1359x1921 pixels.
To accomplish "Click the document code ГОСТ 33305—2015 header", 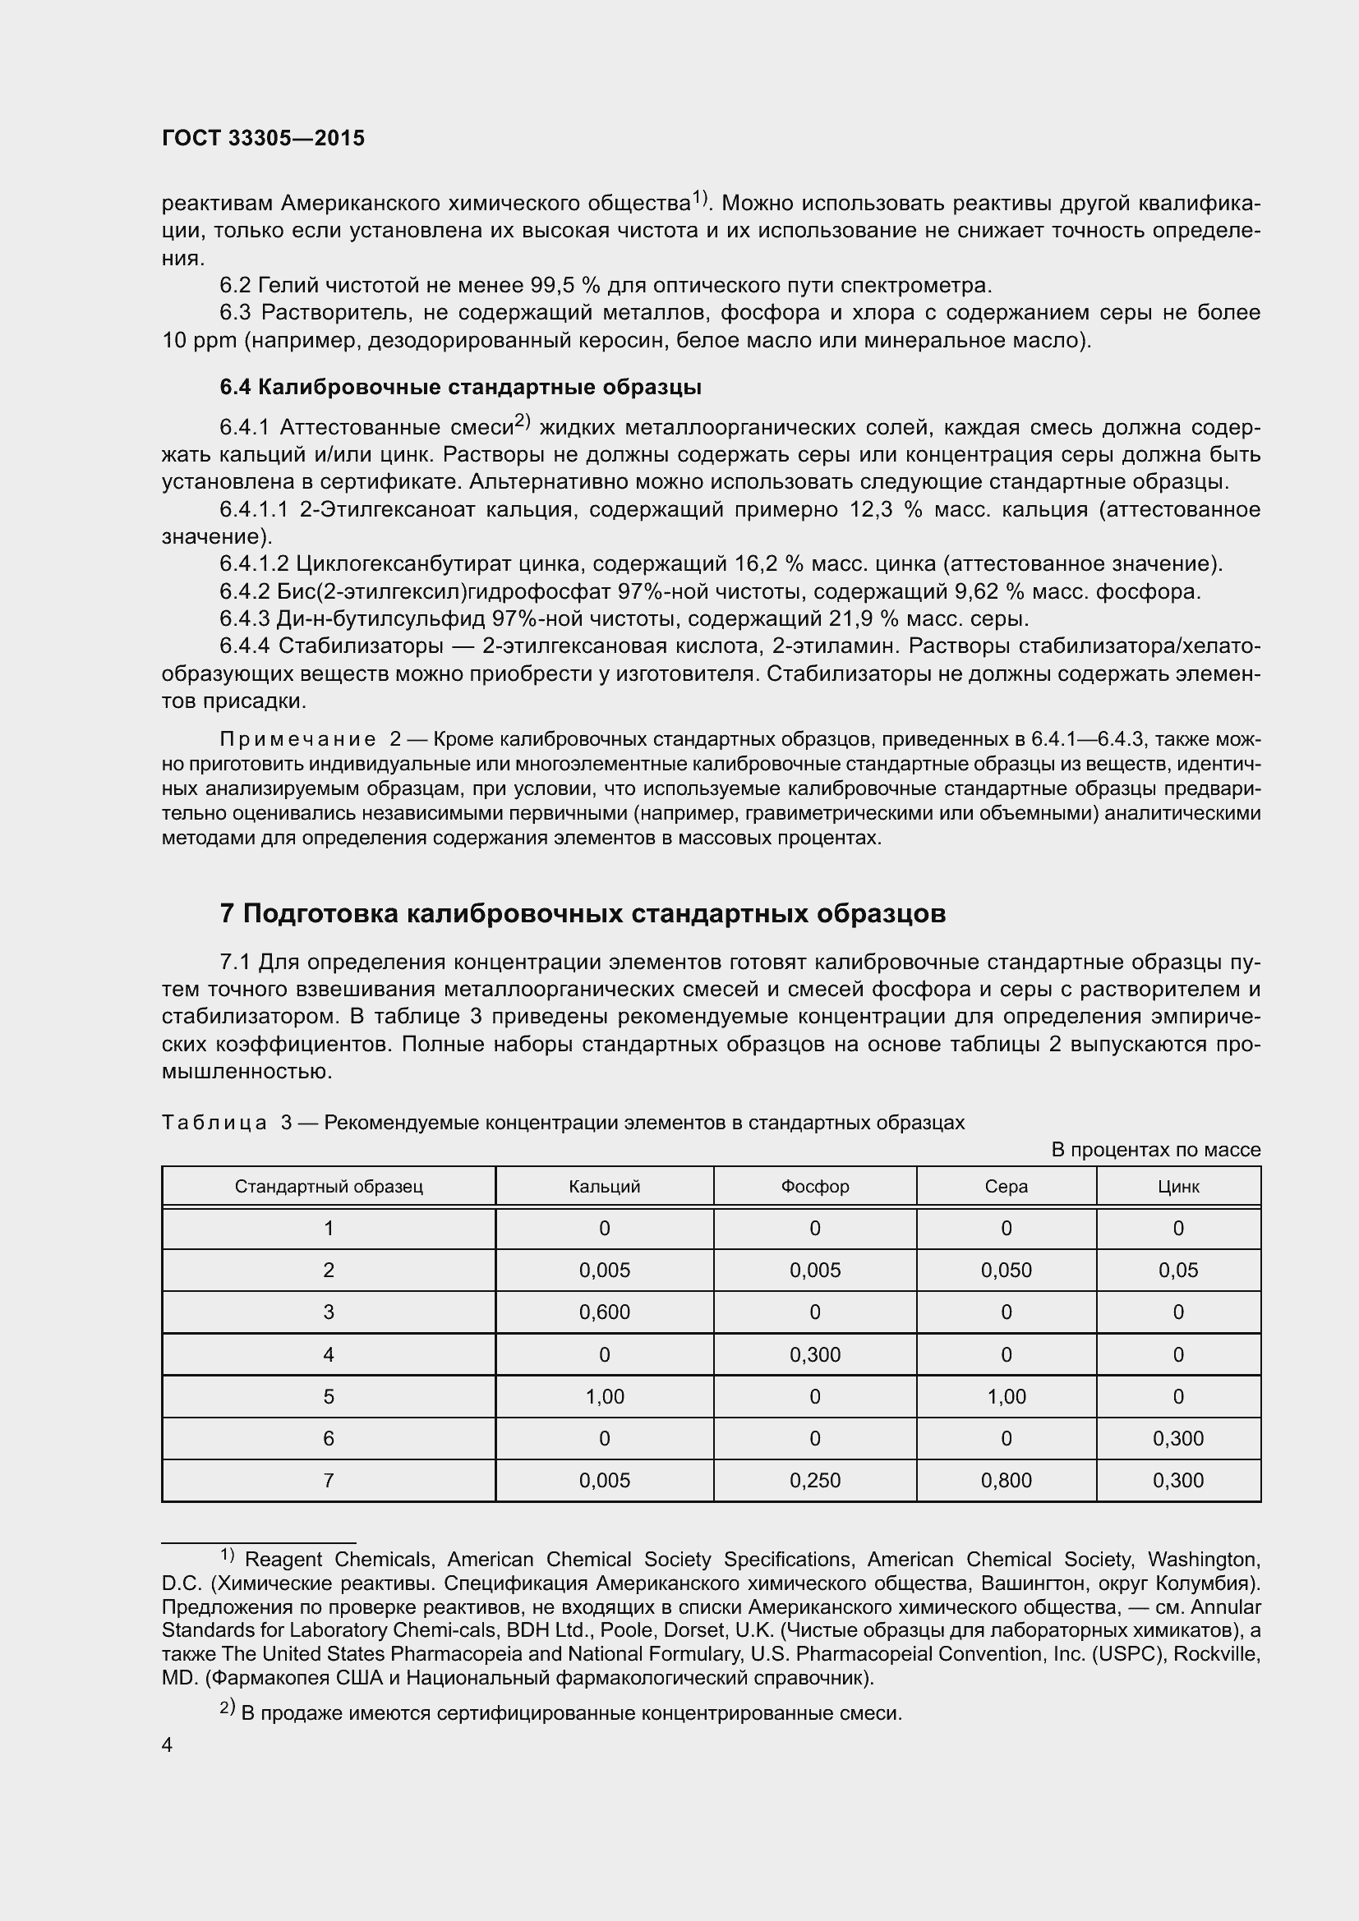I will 263,138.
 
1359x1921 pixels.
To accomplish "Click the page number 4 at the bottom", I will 168,1745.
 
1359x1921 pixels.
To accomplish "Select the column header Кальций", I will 604,1187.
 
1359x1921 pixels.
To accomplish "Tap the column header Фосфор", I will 814,1187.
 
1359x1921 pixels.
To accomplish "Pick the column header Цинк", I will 1177,1187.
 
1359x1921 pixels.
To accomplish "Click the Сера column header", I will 1006,1187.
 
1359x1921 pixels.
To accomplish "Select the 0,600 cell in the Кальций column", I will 604,1312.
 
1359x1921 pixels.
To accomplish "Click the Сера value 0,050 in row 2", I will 1006,1270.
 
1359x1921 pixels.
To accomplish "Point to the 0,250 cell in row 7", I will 814,1480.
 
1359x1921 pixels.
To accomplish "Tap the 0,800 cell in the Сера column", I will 1006,1480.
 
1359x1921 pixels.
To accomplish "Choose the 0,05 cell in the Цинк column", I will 1177,1270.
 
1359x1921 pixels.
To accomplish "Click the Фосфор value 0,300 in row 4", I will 814,1354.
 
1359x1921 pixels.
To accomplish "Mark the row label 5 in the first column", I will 328,1396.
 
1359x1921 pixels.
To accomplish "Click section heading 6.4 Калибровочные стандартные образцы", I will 460,388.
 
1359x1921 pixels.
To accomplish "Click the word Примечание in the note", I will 298,740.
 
